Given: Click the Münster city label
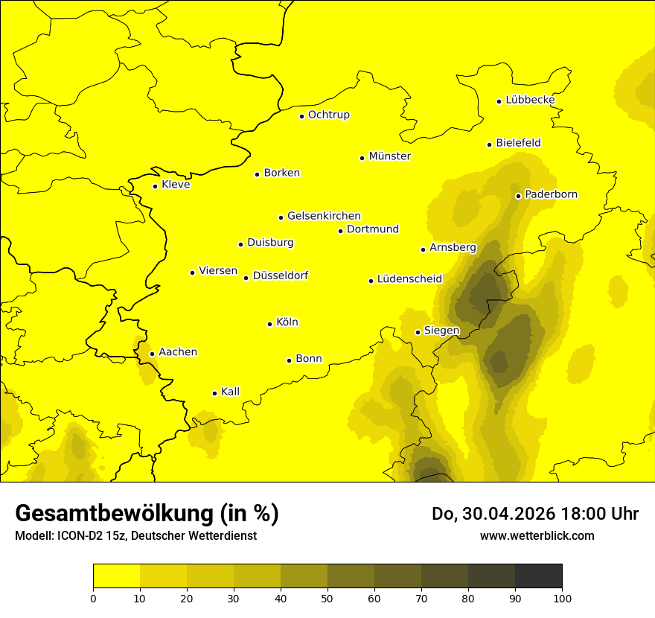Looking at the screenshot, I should coord(389,156).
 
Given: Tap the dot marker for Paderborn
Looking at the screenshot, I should coord(519,196).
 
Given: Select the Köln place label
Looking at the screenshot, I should coord(287,322).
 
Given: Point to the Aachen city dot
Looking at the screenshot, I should coord(152,354).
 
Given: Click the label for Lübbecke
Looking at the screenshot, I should coord(530,100).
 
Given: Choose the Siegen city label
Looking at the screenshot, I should coord(441,331).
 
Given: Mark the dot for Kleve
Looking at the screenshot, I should coord(155,186).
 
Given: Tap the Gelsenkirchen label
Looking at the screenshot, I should coord(324,216).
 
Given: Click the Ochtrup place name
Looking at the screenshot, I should coord(328,115).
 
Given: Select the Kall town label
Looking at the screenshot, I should coord(230,392).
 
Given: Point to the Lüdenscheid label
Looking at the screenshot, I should coord(409,279).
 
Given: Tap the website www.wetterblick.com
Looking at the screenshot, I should coord(537,535).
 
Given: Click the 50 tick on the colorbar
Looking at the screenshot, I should coord(327,597).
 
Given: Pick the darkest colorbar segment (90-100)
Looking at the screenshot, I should coord(538,576).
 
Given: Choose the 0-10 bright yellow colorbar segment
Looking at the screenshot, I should coord(116,576).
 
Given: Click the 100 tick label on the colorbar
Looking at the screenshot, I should coord(562,597).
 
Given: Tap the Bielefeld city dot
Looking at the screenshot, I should coord(490,144).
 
